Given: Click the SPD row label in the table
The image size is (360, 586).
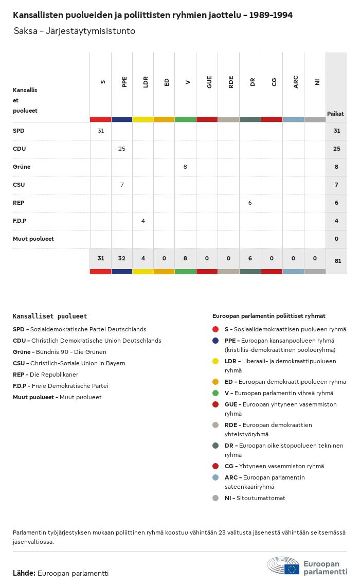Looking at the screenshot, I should pos(19,131).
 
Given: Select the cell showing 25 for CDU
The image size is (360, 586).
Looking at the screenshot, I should pos(122,149).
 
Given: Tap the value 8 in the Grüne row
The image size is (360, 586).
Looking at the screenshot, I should pos(185,167).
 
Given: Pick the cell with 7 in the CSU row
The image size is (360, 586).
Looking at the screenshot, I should pos(122,185).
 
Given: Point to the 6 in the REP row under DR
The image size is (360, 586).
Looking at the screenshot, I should pos(250,203).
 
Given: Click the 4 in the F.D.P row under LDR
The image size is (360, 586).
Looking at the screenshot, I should pos(143,221).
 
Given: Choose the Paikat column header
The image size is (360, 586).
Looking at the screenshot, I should pos(335,114).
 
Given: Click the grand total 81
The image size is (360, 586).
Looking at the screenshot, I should pos(337,261).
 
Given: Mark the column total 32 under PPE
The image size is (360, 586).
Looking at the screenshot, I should pos(122,258).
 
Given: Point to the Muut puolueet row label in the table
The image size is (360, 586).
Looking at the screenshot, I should pos(33,239).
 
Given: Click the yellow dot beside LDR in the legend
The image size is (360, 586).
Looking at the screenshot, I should pos(215,361).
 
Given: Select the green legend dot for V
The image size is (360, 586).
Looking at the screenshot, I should pos(215,393).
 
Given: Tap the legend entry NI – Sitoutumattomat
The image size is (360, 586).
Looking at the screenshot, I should pos(255,498).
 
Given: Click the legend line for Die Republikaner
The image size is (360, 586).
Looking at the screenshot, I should pos(45,375).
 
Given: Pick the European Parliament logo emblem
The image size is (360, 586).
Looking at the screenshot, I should pos(283,565).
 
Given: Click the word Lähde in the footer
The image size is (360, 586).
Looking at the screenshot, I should pos(24,573).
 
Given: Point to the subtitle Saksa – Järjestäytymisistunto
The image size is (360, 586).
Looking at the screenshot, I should pos(75,31).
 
